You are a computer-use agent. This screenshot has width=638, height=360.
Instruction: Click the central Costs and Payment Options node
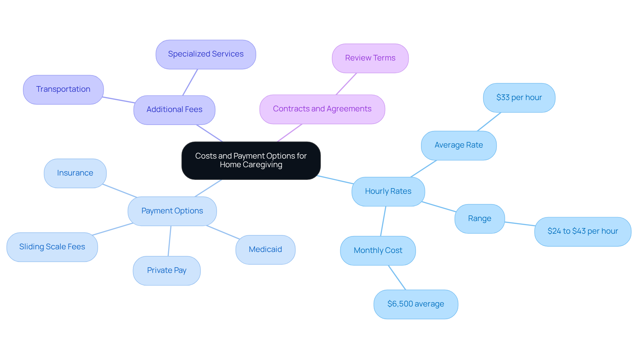(x=251, y=161)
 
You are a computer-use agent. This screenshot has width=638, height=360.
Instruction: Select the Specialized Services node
(x=206, y=55)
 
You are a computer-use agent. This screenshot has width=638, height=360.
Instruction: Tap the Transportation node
(x=63, y=89)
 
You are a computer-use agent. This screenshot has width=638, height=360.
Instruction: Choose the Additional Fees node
(x=174, y=110)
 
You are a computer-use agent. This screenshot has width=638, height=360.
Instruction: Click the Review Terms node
(x=370, y=58)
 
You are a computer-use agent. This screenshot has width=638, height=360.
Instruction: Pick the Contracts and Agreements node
(x=322, y=109)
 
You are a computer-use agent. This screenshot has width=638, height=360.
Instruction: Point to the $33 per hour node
(x=519, y=98)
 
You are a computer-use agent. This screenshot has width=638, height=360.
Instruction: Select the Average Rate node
(x=459, y=145)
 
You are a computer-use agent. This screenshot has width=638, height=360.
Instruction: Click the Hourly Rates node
(x=388, y=191)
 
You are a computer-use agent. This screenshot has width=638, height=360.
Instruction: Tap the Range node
(x=479, y=219)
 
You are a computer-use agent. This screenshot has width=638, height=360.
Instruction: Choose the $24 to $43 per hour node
(x=583, y=231)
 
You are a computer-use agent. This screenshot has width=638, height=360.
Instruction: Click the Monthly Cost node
(x=378, y=251)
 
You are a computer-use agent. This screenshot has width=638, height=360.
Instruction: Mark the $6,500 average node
(x=416, y=304)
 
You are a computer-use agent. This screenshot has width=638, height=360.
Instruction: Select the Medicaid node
(x=265, y=250)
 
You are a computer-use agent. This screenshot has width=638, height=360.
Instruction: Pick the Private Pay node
(x=166, y=271)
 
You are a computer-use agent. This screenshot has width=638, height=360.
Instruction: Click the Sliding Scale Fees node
(x=52, y=247)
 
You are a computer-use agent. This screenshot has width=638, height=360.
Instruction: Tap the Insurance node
(x=75, y=173)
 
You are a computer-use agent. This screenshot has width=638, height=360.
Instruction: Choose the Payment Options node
(x=172, y=211)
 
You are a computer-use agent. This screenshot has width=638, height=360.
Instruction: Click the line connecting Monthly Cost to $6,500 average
(x=397, y=278)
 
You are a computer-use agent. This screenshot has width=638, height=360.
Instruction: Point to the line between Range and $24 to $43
(x=520, y=224)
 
